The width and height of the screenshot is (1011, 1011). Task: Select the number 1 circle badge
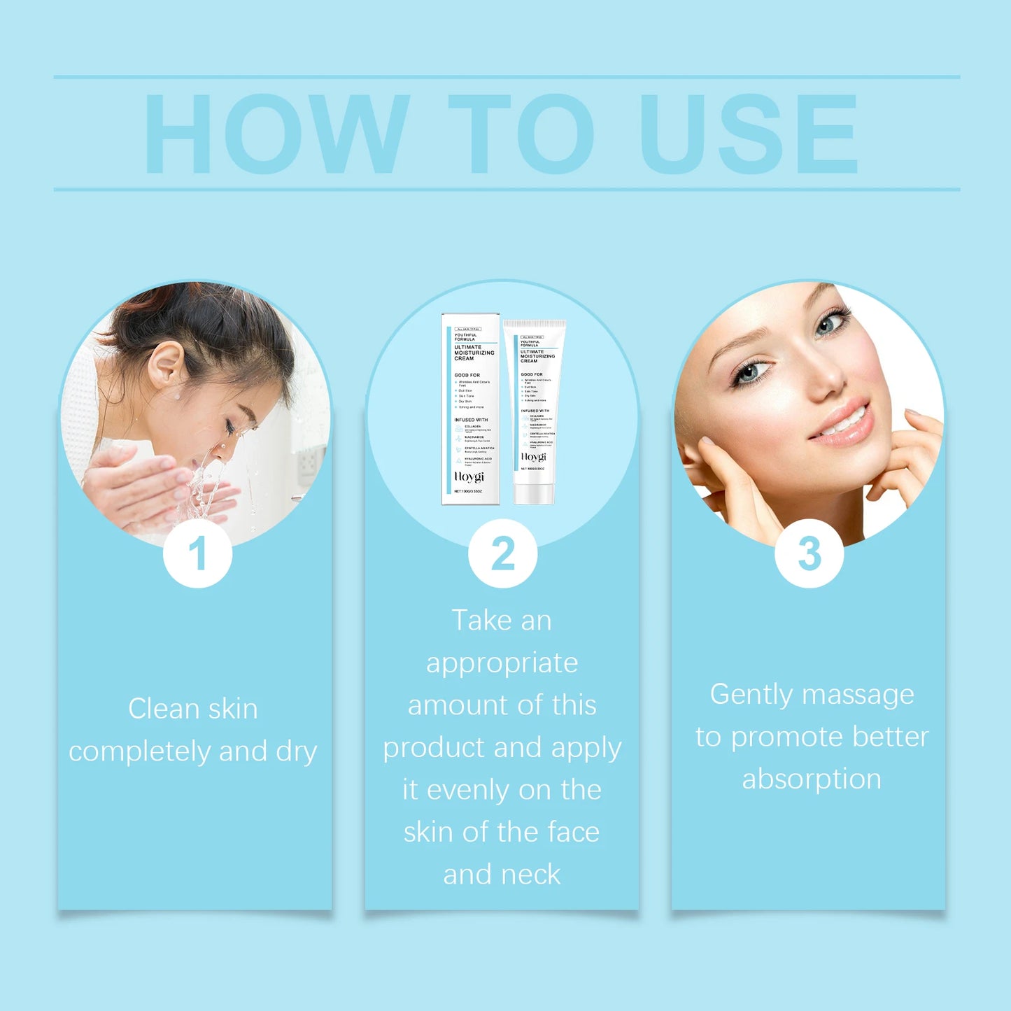(x=197, y=553)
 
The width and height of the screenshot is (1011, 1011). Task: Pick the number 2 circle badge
(x=503, y=553)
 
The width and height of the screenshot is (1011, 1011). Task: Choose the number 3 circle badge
(x=809, y=553)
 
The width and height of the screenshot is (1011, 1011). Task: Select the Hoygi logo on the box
(x=469, y=476)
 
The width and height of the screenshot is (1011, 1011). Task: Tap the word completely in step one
(x=139, y=752)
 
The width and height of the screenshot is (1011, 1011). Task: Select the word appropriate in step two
(x=502, y=663)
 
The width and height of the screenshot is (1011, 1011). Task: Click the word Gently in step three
(x=751, y=695)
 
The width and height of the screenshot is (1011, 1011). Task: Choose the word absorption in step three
(x=812, y=779)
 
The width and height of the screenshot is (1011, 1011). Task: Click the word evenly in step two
(x=469, y=791)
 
